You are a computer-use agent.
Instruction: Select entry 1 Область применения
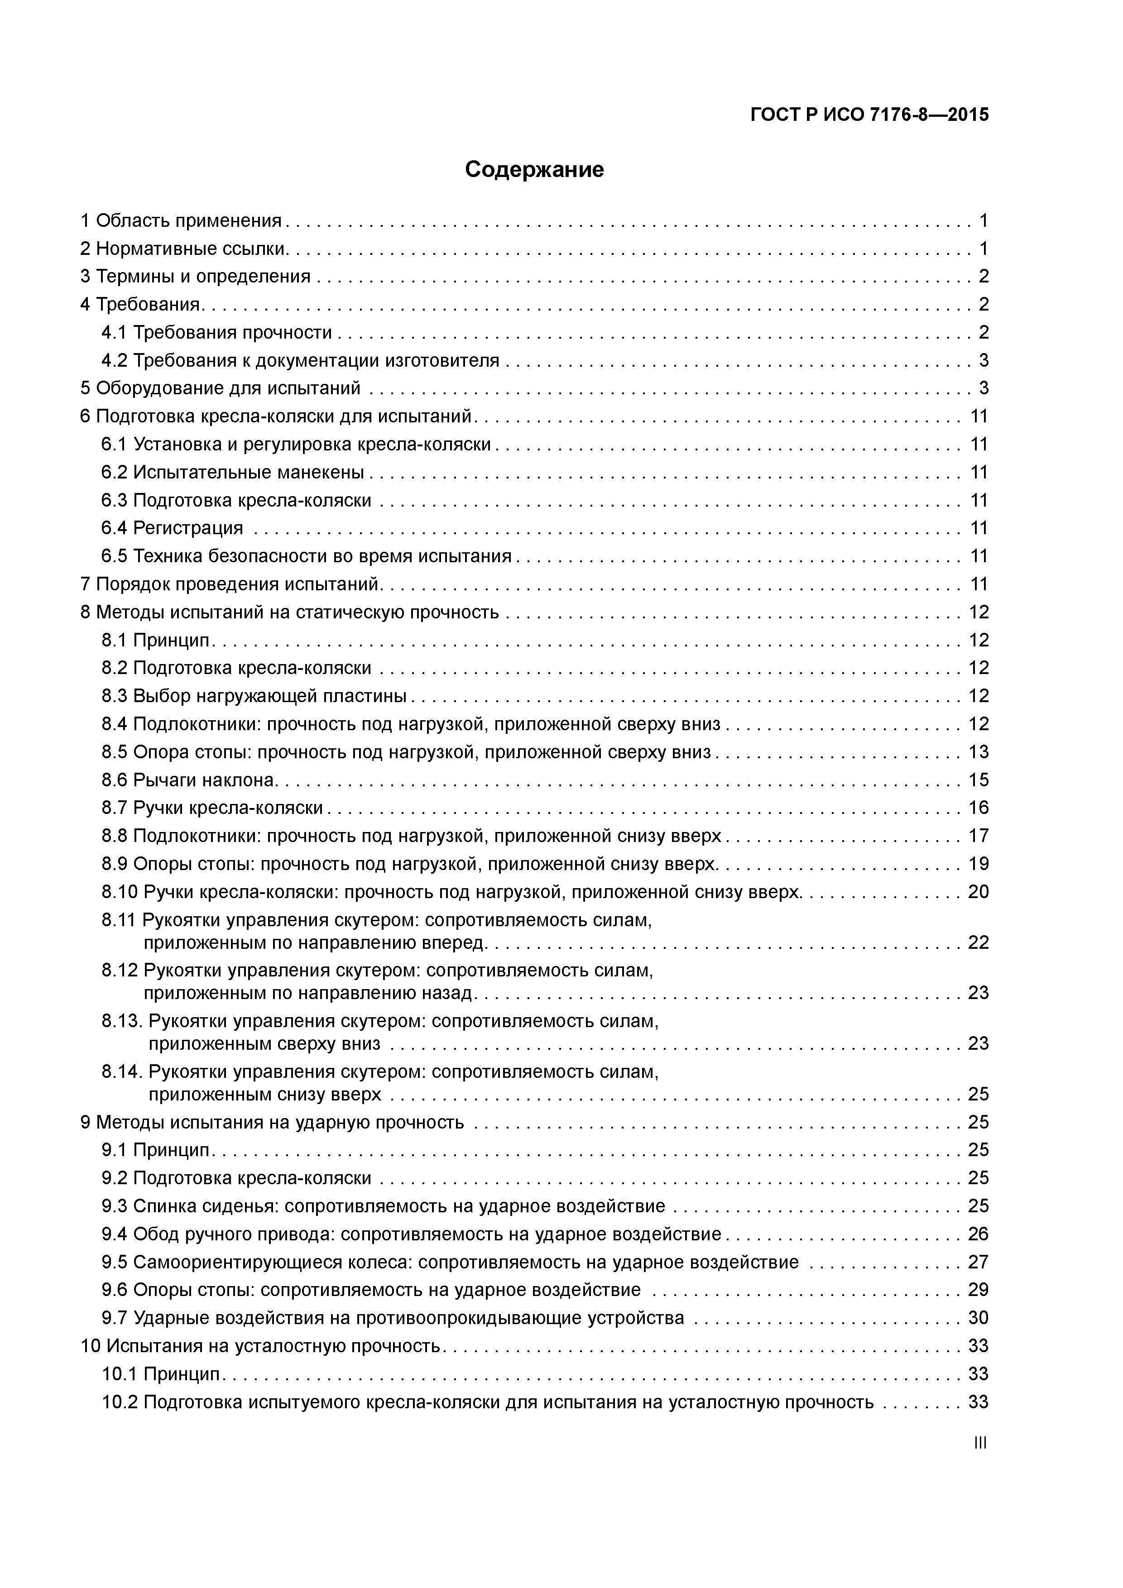(181, 220)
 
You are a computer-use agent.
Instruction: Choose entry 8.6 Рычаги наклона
(188, 780)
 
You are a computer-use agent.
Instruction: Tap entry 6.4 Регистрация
(172, 528)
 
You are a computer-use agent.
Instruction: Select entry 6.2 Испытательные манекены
(232, 473)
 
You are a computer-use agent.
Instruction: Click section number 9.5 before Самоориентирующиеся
(114, 1262)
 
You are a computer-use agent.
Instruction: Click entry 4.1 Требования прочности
(216, 333)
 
